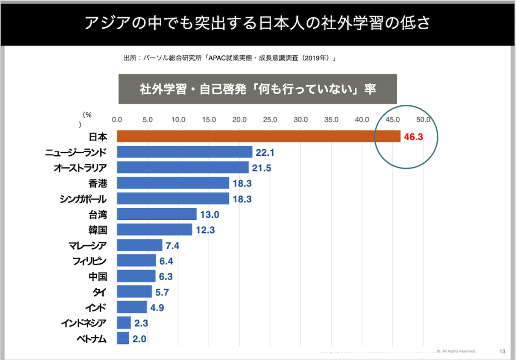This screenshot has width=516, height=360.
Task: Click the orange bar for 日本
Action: click(259, 136)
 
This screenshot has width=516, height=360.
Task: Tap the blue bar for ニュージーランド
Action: click(184, 152)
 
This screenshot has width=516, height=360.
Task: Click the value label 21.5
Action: click(261, 168)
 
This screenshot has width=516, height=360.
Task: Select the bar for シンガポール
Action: click(173, 199)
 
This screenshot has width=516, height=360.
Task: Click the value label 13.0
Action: click(209, 215)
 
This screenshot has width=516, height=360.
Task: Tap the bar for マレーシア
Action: click(140, 246)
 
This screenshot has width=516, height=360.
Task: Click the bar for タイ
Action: click(134, 292)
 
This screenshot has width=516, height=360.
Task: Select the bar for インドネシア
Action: click(124, 323)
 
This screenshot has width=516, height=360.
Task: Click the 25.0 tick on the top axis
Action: click(270, 120)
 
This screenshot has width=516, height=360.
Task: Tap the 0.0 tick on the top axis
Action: click(117, 120)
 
